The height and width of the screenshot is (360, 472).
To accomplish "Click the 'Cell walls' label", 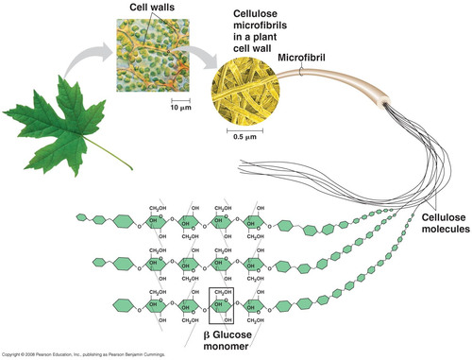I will click(x=143, y=9).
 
